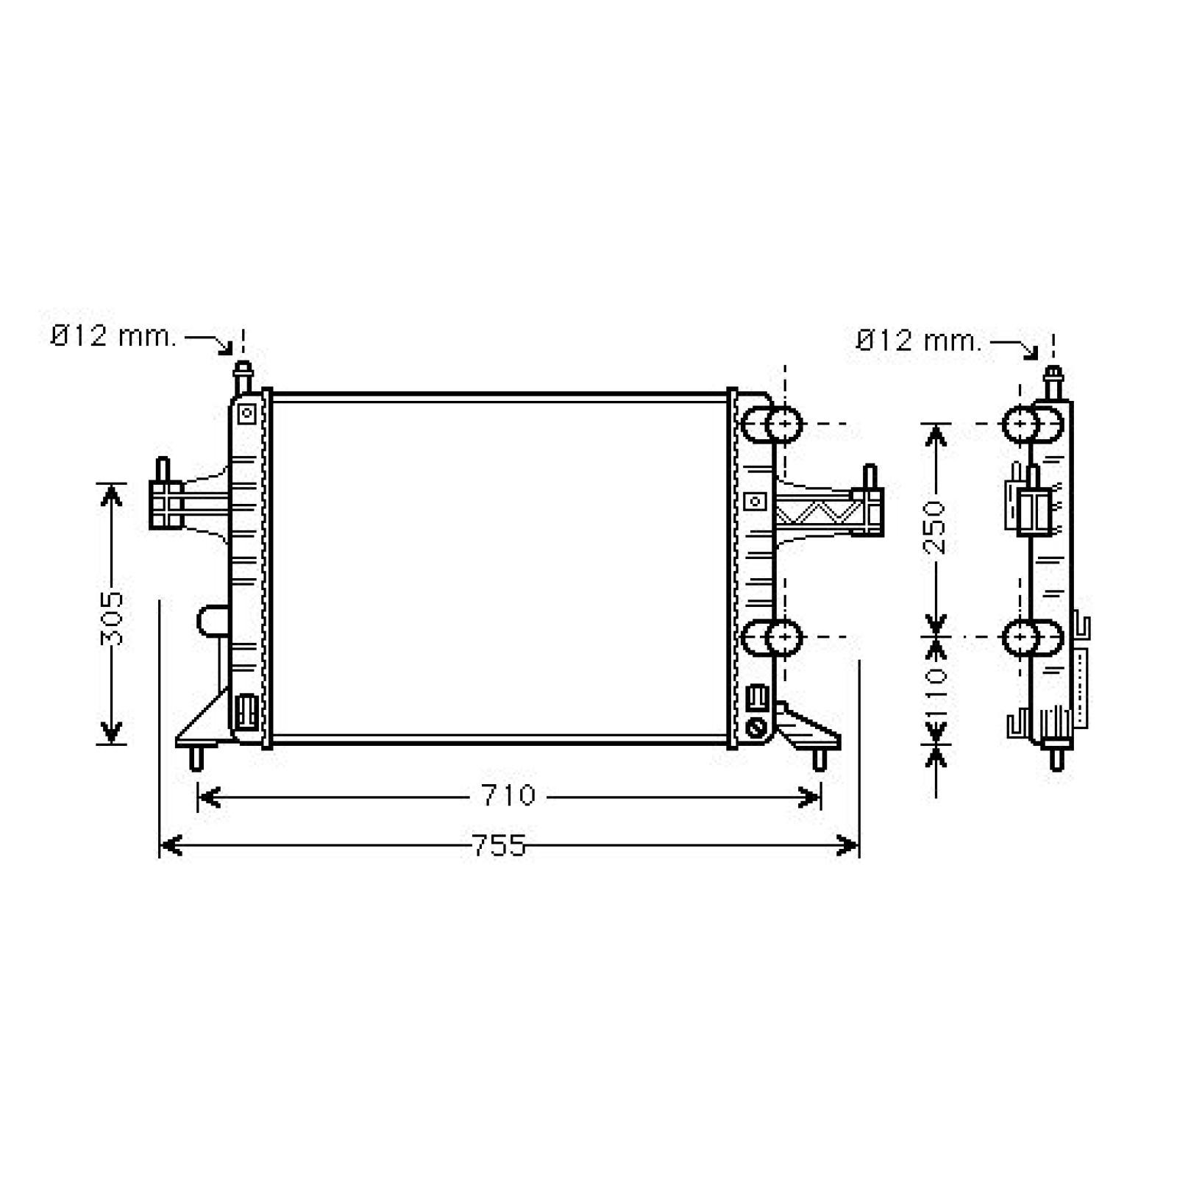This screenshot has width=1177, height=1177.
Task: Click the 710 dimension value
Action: point(509,796)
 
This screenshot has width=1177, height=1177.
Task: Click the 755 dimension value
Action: point(499,846)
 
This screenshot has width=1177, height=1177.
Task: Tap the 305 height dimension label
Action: point(113,618)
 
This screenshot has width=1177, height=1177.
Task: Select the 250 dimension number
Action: point(935,527)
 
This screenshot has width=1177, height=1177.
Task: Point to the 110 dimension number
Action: point(935,692)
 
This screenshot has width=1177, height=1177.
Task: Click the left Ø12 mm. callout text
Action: point(114,337)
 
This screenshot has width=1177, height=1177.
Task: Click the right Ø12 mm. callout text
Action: point(920,341)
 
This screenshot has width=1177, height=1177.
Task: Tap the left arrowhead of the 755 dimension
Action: point(171,846)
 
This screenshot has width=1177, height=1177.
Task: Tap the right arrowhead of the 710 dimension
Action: point(809,797)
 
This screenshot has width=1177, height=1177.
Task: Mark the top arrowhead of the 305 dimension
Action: point(111,495)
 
